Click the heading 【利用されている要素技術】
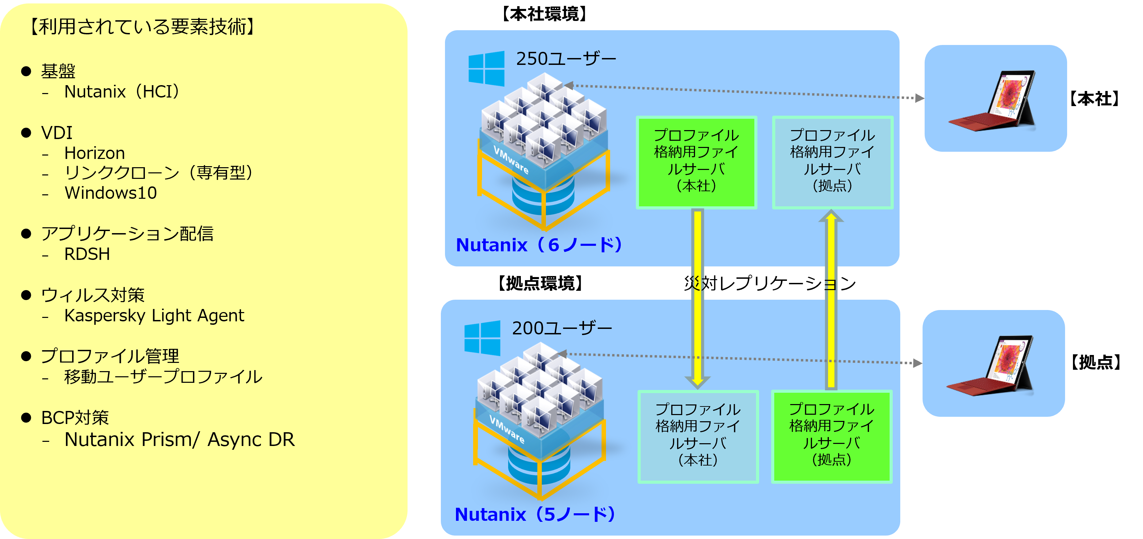coord(142,27)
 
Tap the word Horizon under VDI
coord(94,153)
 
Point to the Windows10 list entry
coord(111,193)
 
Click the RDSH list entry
coord(87,254)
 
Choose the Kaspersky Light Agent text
coord(154,316)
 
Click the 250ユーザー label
coord(566,59)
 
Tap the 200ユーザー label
coord(562,328)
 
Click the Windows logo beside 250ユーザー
coord(486,68)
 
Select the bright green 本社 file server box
coord(696,162)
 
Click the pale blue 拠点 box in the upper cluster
coord(832,162)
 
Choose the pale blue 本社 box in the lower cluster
coord(698,437)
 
